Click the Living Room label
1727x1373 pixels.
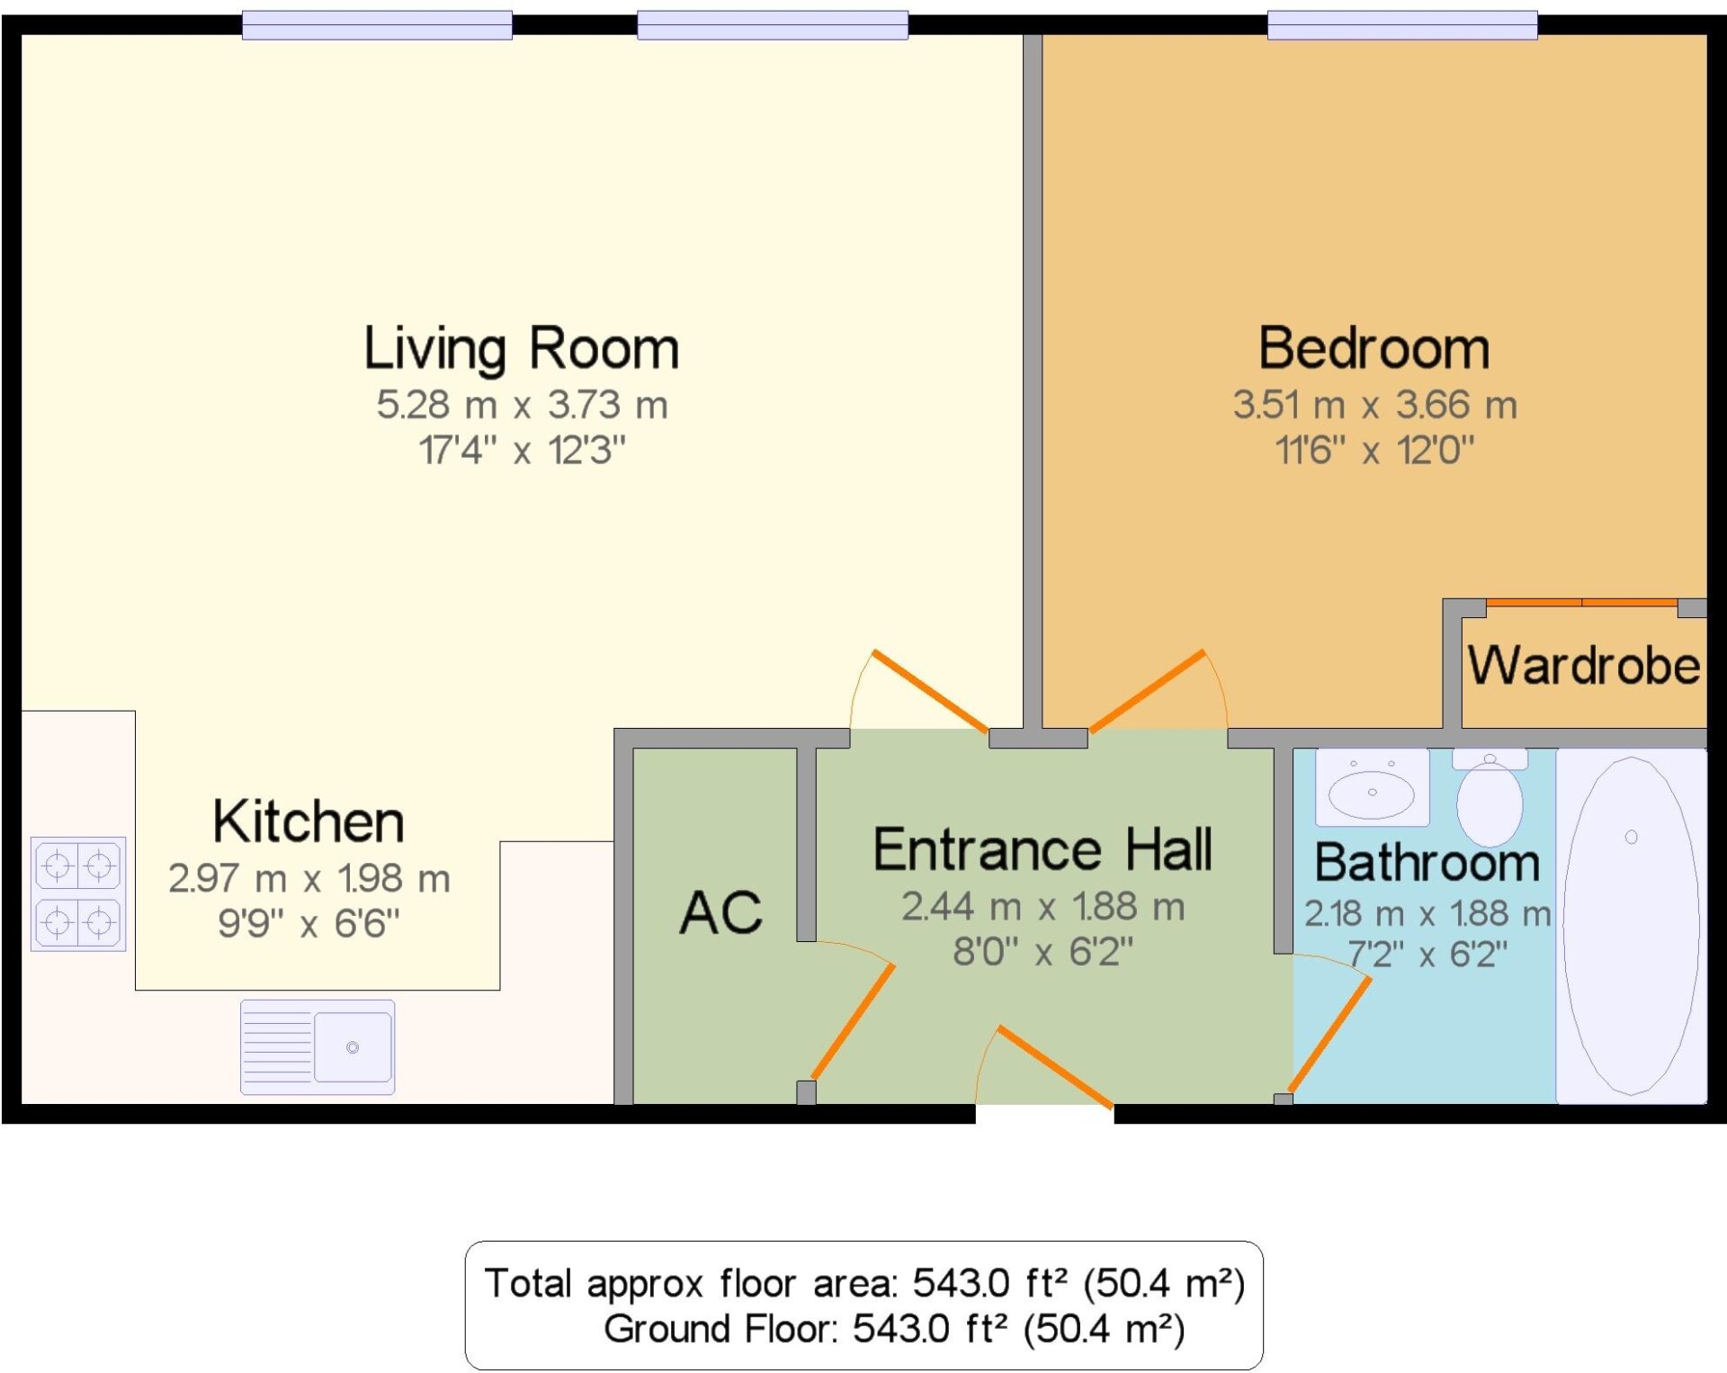pyautogui.click(x=521, y=348)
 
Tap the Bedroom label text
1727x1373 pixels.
pyautogui.click(x=1374, y=348)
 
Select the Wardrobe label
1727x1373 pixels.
pyautogui.click(x=1584, y=666)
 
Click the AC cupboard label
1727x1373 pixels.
pyautogui.click(x=720, y=912)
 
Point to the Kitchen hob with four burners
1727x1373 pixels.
pyautogui.click(x=78, y=893)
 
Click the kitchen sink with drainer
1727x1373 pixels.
pyautogui.click(x=318, y=1047)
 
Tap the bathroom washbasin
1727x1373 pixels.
pyautogui.click(x=1372, y=787)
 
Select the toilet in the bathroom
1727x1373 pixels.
pyautogui.click(x=1490, y=797)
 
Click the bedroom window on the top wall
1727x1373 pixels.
pyautogui.click(x=1402, y=25)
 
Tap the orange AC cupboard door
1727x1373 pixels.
pyautogui.click(x=853, y=1021)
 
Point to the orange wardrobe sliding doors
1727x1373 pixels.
pyautogui.click(x=1581, y=602)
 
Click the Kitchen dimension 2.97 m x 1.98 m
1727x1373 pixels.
pyautogui.click(x=309, y=878)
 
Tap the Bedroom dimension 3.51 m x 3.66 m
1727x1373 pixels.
pyautogui.click(x=1375, y=405)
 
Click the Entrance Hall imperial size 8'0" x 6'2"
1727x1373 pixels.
pyautogui.click(x=1043, y=951)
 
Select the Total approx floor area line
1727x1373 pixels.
pyautogui.click(x=864, y=1283)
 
